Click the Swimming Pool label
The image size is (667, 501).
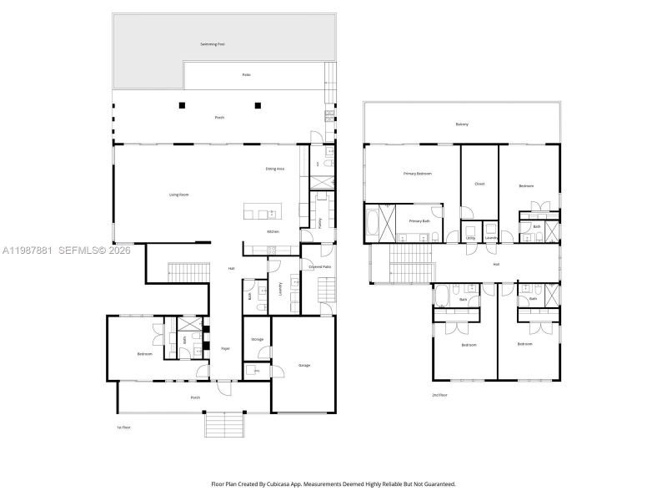tap(213, 43)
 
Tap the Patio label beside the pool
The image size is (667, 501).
tap(247, 75)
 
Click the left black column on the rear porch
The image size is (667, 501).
tap(182, 105)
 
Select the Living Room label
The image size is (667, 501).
tap(179, 195)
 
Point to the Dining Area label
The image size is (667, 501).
tap(275, 170)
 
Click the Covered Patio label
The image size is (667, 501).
tap(321, 266)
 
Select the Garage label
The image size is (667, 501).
tap(304, 365)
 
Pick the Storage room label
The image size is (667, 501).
tap(257, 339)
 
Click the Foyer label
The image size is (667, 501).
tap(225, 348)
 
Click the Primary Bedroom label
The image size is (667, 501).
tap(418, 174)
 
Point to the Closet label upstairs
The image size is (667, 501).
tap(479, 184)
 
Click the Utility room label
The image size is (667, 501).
tap(470, 238)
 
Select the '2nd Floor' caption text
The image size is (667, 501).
tap(439, 395)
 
